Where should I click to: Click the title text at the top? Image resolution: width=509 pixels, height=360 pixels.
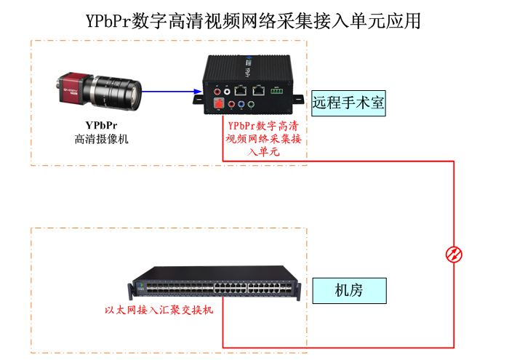pos(253,20)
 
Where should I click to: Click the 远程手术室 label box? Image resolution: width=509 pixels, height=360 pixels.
pos(348,103)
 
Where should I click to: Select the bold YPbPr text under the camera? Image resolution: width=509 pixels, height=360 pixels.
pos(101,125)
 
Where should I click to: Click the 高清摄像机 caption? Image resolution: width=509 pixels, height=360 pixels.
pos(101,139)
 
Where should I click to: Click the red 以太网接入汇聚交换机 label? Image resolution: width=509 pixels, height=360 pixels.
pos(159,311)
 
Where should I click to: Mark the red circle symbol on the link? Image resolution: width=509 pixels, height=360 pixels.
pos(454,254)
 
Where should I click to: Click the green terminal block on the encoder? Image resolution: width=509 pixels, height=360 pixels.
pos(276,92)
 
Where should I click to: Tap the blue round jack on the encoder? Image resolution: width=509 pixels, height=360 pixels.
pos(241,105)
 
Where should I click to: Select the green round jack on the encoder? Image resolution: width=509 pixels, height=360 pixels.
pos(250,105)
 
